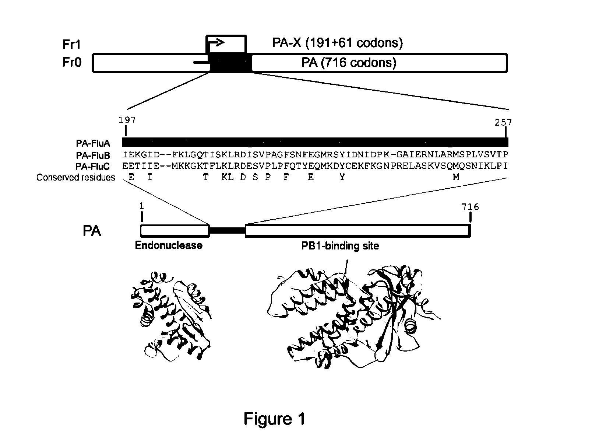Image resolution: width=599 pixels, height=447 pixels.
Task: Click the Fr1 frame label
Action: (x=72, y=45)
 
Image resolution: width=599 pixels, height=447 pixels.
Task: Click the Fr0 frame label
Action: (x=72, y=62)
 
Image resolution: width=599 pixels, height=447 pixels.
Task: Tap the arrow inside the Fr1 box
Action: (x=216, y=43)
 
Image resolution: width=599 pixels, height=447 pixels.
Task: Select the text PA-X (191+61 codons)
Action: (x=337, y=43)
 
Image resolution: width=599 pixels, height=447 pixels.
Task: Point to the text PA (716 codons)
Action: (x=349, y=63)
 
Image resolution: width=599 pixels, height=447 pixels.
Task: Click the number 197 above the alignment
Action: (x=127, y=120)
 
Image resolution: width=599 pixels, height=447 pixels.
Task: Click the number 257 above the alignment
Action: (x=503, y=122)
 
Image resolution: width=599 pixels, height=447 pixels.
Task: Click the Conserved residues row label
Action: (x=75, y=178)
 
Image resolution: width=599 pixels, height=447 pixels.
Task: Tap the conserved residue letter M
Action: (x=456, y=177)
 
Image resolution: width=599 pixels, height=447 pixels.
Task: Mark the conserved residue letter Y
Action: (x=342, y=177)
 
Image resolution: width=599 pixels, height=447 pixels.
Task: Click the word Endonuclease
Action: (x=169, y=245)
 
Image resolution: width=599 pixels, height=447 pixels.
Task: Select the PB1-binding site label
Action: (x=340, y=246)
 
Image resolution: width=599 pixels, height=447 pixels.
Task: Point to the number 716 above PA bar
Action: (x=470, y=207)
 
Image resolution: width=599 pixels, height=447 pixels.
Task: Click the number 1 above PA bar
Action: (x=142, y=206)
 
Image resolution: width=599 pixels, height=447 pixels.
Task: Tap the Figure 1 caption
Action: (x=274, y=419)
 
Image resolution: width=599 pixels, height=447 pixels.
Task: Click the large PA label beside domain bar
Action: (x=92, y=231)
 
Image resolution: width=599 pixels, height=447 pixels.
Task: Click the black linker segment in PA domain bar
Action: (x=227, y=231)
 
